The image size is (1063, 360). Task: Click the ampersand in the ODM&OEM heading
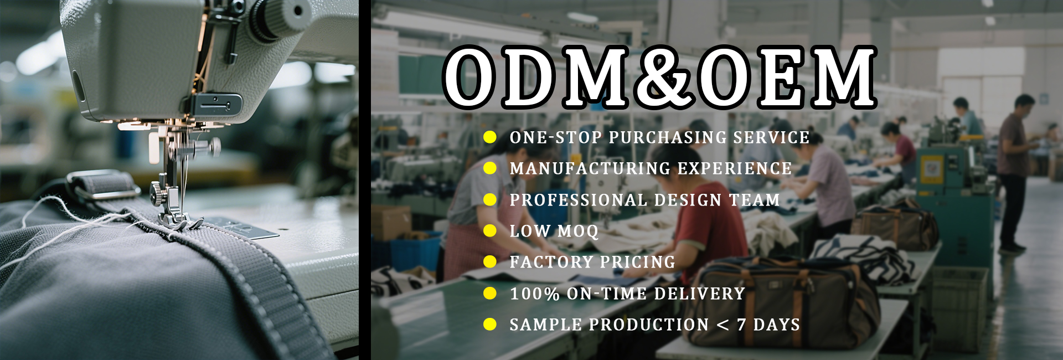coord(666,76)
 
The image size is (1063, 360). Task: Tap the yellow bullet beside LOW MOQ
coord(490,230)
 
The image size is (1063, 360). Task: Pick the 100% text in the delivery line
coord(535,294)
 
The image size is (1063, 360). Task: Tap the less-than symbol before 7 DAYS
coord(723,325)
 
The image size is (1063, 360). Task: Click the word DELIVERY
coord(700,294)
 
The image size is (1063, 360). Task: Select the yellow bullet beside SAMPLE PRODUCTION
coord(490,324)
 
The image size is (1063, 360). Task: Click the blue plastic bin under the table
coord(415,253)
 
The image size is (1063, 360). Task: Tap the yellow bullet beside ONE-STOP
coord(490,137)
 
